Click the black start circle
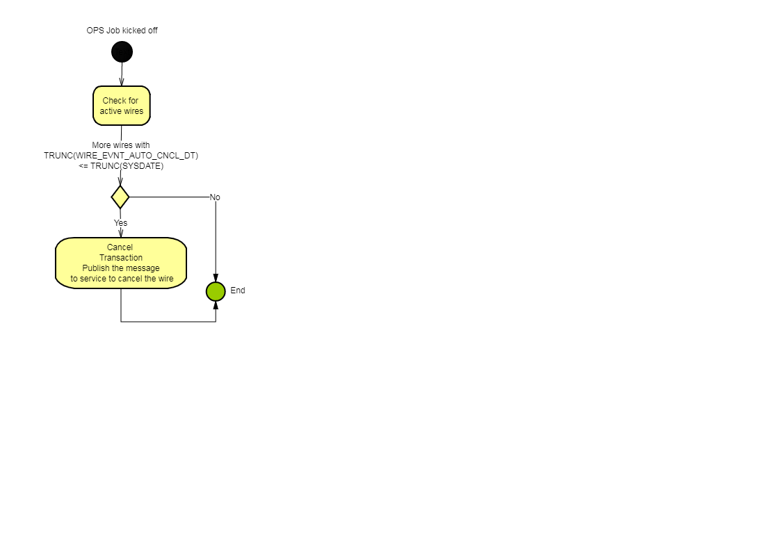(x=122, y=51)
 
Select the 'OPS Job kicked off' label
(x=122, y=31)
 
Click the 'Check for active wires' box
(x=122, y=106)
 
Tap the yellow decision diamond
(x=120, y=197)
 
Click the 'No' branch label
(x=215, y=197)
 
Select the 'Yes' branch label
(x=120, y=223)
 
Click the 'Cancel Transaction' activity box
(x=121, y=263)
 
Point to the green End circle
(x=216, y=292)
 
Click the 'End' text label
(x=238, y=291)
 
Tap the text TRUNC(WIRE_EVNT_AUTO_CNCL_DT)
(x=121, y=156)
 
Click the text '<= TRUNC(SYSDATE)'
(x=121, y=166)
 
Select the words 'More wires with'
(x=121, y=145)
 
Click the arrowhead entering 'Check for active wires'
(x=122, y=82)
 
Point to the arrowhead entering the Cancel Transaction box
(x=121, y=233)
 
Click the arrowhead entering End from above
(x=216, y=278)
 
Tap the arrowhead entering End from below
(x=216, y=305)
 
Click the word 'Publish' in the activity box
(x=96, y=268)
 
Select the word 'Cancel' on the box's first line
(x=120, y=247)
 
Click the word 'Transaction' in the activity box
(x=121, y=258)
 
